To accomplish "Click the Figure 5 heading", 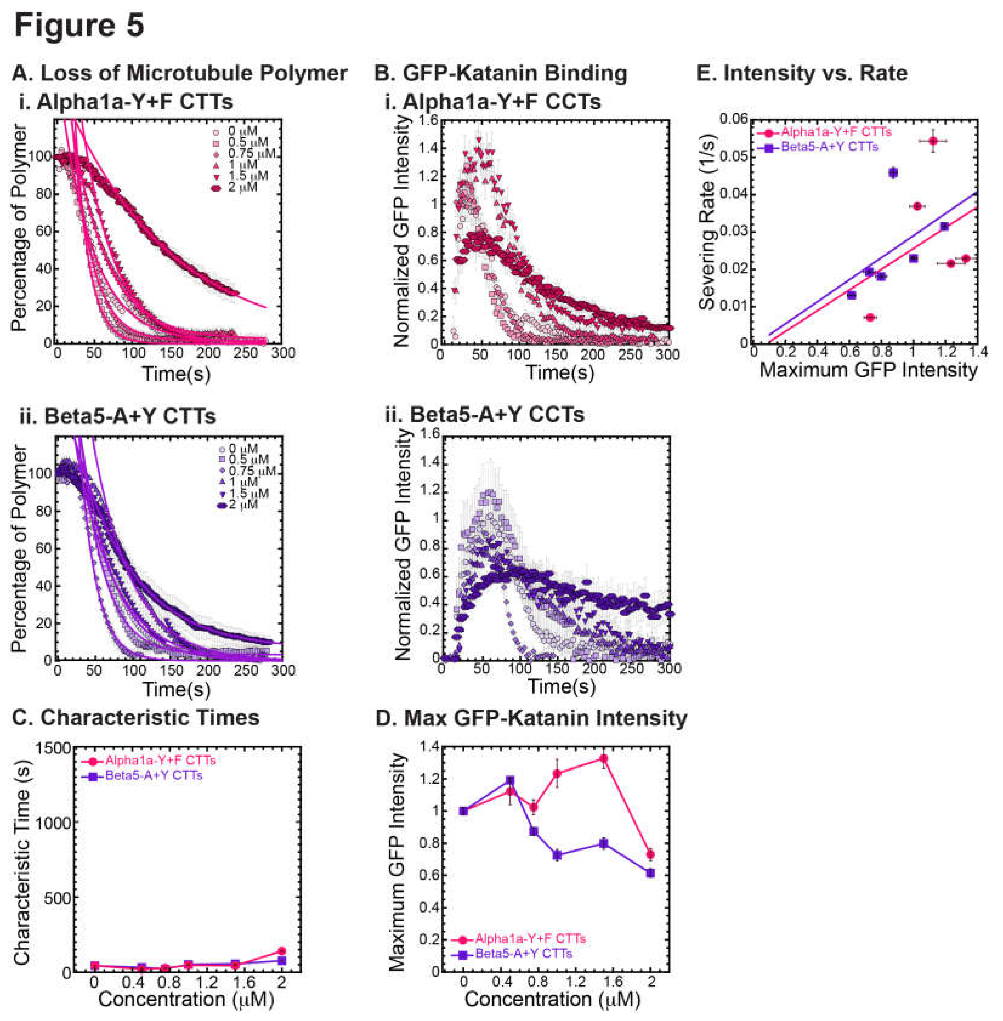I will coord(79,25).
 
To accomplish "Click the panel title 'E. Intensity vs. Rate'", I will coord(802,73).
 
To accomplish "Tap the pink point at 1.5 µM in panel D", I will coord(604,758).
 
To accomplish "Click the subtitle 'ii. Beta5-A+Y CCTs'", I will coord(485,415).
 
